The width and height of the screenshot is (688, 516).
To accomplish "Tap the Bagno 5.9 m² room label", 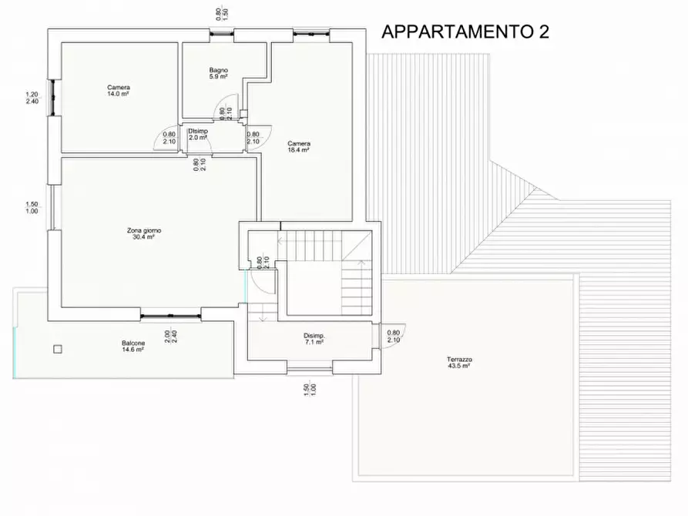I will click(x=218, y=74).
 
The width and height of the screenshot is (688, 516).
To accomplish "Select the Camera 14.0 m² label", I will click(x=118, y=90).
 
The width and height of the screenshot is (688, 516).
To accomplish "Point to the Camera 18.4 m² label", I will click(x=299, y=146).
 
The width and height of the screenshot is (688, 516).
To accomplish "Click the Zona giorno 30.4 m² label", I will click(x=144, y=234).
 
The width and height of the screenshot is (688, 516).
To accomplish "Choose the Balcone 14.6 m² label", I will click(x=133, y=346).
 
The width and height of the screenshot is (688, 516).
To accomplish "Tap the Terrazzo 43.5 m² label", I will click(x=458, y=363).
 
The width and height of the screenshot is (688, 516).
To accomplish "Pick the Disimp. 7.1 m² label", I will click(x=314, y=340).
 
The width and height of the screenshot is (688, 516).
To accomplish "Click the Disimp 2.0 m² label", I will click(x=198, y=135).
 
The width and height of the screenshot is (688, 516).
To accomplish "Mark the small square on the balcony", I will click(x=57, y=349).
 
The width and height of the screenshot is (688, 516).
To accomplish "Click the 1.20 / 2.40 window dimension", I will click(x=32, y=98).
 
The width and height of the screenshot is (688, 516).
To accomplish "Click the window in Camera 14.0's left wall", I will click(x=52, y=98).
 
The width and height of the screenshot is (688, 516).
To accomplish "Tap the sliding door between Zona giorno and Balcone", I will click(x=170, y=313).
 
